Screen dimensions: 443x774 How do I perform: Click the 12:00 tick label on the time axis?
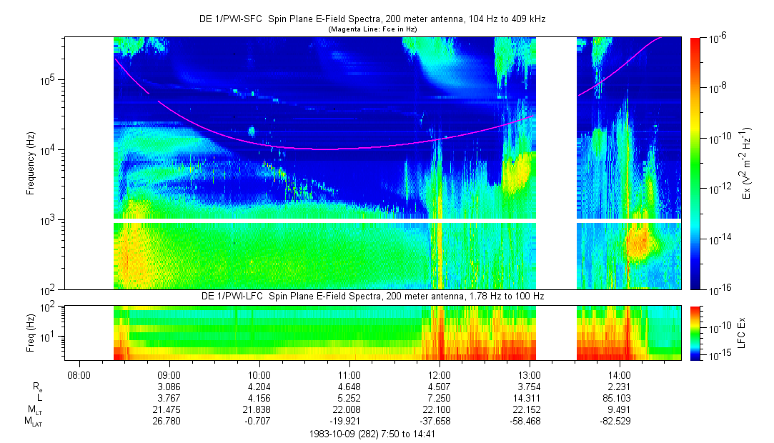[439, 374]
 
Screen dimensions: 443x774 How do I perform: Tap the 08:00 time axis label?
[79, 374]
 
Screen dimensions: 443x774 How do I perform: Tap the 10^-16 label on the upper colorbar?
[718, 289]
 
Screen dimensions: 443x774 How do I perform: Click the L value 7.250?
[439, 397]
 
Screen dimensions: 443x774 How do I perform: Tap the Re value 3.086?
[169, 386]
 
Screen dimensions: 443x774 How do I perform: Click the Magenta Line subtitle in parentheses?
[372, 29]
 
